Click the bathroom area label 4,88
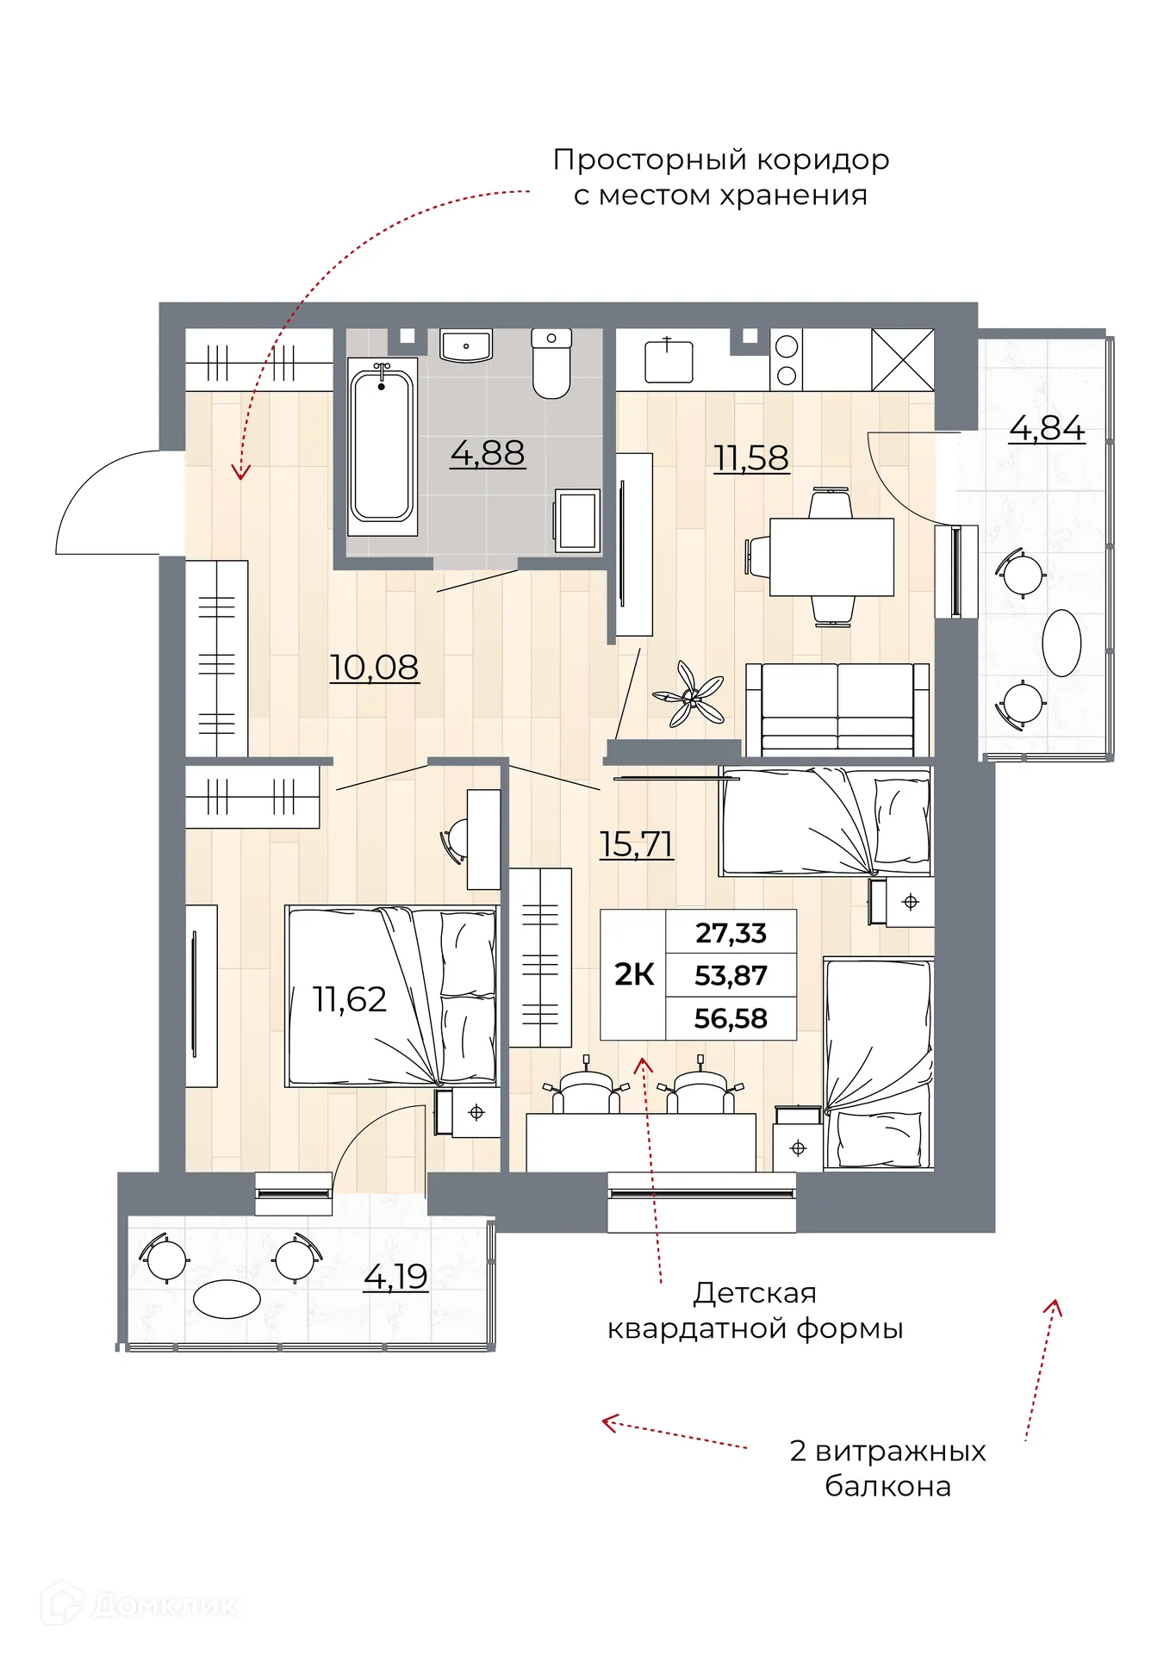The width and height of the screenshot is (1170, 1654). (487, 453)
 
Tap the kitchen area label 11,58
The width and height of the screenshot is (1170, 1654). (751, 458)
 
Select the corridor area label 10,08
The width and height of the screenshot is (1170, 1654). (374, 668)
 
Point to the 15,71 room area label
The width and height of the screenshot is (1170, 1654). (636, 844)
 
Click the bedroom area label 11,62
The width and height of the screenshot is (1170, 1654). (349, 999)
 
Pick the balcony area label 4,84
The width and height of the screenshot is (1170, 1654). (1047, 428)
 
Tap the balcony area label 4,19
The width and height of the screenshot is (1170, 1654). (395, 1277)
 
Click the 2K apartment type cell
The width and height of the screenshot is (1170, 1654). (633, 975)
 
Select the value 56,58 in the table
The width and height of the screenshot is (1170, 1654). (731, 1019)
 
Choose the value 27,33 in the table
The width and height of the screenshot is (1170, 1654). (731, 933)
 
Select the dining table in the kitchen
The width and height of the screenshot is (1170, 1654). (831, 557)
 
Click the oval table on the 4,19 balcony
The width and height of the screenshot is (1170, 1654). (227, 1299)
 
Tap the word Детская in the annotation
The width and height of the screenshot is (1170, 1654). (755, 1293)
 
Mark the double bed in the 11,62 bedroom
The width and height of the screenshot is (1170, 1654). (392, 996)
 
